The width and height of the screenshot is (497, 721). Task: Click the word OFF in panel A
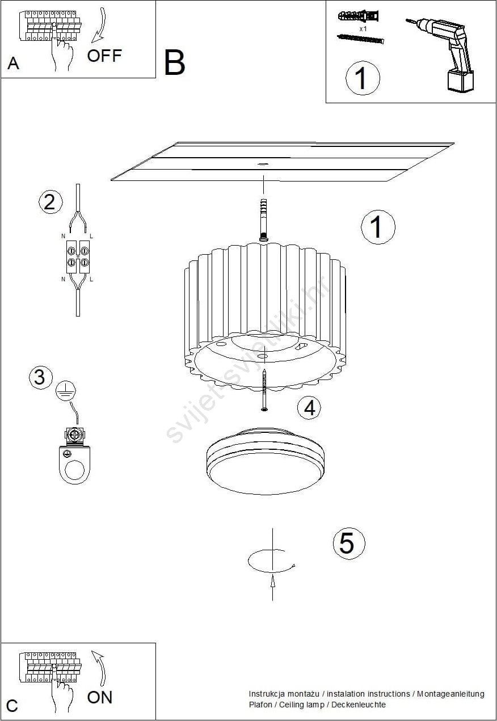tap(104, 56)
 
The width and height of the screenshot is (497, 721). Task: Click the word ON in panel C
tap(100, 697)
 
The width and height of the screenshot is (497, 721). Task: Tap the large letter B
tap(175, 62)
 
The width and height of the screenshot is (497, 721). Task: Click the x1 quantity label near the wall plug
tap(363, 28)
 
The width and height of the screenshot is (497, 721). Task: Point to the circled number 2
tap(50, 202)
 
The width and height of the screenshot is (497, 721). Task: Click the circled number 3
tap(40, 377)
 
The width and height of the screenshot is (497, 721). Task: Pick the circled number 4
tap(309, 407)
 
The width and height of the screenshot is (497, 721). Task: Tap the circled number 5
tap(349, 543)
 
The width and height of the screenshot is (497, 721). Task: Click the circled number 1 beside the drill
tap(363, 78)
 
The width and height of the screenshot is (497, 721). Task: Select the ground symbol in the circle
tap(66, 391)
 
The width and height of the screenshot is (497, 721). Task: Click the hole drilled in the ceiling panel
tap(263, 164)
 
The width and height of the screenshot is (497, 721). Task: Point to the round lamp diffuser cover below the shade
tap(266, 461)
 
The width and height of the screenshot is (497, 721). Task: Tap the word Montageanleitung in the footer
tap(450, 694)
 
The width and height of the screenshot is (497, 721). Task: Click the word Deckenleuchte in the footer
tap(359, 705)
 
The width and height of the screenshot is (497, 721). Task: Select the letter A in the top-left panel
tap(13, 64)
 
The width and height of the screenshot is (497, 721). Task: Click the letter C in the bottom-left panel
tap(12, 706)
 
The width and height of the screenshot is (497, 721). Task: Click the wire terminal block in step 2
tap(78, 257)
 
